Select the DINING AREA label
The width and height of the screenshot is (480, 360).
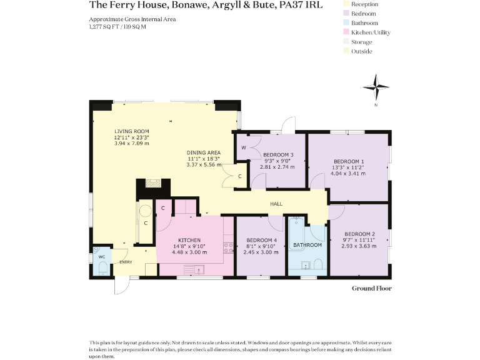click(x=204, y=152)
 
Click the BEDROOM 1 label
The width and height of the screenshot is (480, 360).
click(x=348, y=162)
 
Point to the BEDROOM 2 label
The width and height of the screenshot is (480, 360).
click(x=359, y=234)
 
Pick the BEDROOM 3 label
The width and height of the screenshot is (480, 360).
click(x=278, y=155)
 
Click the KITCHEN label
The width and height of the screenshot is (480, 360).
click(x=189, y=241)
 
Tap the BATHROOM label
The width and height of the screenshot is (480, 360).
click(x=307, y=245)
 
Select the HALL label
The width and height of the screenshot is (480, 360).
click(x=276, y=204)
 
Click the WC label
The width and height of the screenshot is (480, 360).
click(x=100, y=257)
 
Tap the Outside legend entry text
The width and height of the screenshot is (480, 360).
click(x=362, y=51)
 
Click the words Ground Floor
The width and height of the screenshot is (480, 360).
click(x=371, y=288)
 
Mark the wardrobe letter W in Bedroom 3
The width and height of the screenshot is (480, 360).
click(x=243, y=148)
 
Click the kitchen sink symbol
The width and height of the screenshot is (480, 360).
click(x=199, y=269)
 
